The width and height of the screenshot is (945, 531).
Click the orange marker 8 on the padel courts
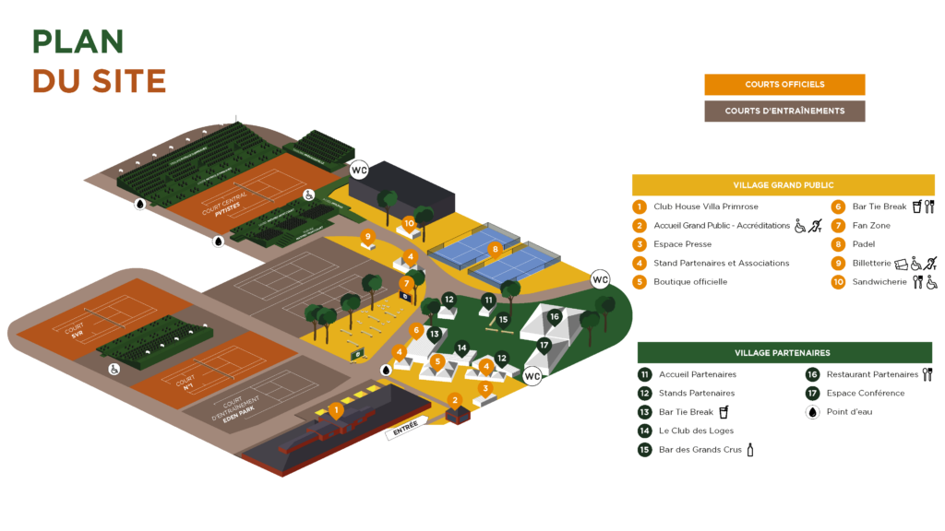coord(495,248)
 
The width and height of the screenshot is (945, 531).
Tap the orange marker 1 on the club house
coord(336,408)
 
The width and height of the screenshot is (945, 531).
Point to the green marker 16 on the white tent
coord(554,316)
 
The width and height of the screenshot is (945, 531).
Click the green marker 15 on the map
coord(502,320)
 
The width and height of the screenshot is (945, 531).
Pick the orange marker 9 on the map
coord(367,237)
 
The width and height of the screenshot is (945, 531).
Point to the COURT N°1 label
coord(187,382)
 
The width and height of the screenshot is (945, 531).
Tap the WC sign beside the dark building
coord(359,171)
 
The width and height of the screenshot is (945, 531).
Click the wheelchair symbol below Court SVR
coord(114,369)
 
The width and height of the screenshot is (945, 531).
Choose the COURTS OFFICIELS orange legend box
coord(784,85)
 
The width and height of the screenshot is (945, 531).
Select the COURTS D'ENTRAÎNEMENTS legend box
coord(784,111)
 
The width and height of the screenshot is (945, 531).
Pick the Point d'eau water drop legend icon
coord(812,412)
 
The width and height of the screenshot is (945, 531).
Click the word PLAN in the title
coord(78,41)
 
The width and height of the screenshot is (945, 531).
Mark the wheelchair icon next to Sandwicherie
coord(932,282)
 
